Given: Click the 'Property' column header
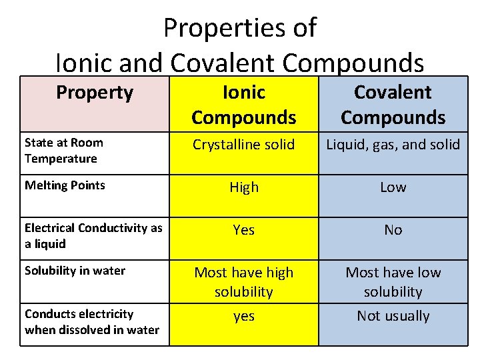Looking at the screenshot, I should (94, 92).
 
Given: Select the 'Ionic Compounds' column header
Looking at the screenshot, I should (243, 105).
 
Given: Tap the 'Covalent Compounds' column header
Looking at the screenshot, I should (393, 105).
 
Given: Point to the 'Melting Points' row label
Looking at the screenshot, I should (65, 185).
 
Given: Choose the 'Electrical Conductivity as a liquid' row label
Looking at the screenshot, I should (93, 235).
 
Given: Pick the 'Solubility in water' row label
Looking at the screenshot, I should (75, 270).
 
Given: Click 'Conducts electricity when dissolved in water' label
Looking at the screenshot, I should (91, 321).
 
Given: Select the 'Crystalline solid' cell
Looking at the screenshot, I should (243, 145).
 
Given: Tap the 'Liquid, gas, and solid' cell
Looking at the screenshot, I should (393, 145).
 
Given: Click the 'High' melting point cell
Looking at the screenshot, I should (243, 187).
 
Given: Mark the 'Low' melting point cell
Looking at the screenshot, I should (393, 187).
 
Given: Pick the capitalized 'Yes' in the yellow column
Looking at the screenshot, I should (243, 230).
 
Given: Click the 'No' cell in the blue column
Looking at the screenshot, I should (393, 230).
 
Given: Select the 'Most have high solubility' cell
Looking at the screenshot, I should (243, 282).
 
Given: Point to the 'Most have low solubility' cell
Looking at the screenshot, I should (393, 282).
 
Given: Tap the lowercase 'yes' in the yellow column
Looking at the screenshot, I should (243, 316).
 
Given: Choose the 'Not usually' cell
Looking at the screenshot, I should (393, 316).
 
